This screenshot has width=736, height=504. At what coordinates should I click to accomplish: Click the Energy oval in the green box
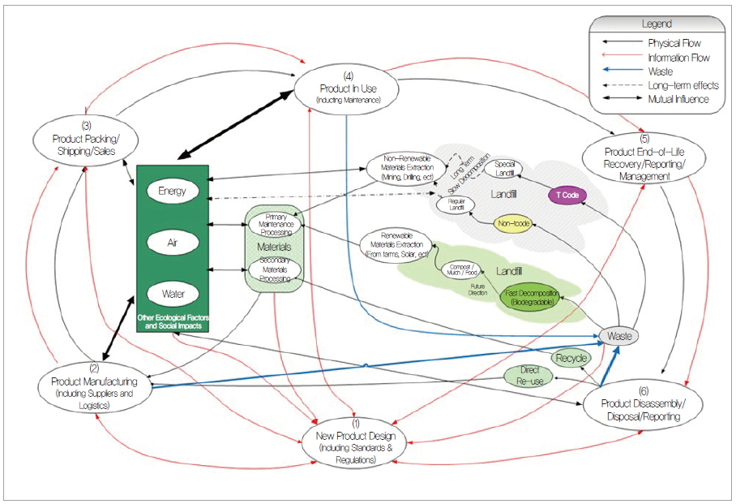pyautogui.click(x=173, y=192)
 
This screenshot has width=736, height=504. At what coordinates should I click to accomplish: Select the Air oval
pyautogui.click(x=173, y=242)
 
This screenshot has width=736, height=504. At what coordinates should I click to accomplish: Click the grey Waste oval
pyautogui.click(x=618, y=336)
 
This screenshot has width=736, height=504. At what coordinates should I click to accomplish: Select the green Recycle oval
pyautogui.click(x=571, y=358)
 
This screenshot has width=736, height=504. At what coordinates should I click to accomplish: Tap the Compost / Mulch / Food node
pyautogui.click(x=460, y=269)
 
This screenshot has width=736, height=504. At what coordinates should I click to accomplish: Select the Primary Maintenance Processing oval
pyautogui.click(x=275, y=223)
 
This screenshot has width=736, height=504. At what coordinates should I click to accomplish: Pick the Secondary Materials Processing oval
pyautogui.click(x=275, y=269)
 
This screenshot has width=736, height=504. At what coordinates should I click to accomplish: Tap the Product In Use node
pyautogui.click(x=347, y=88)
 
